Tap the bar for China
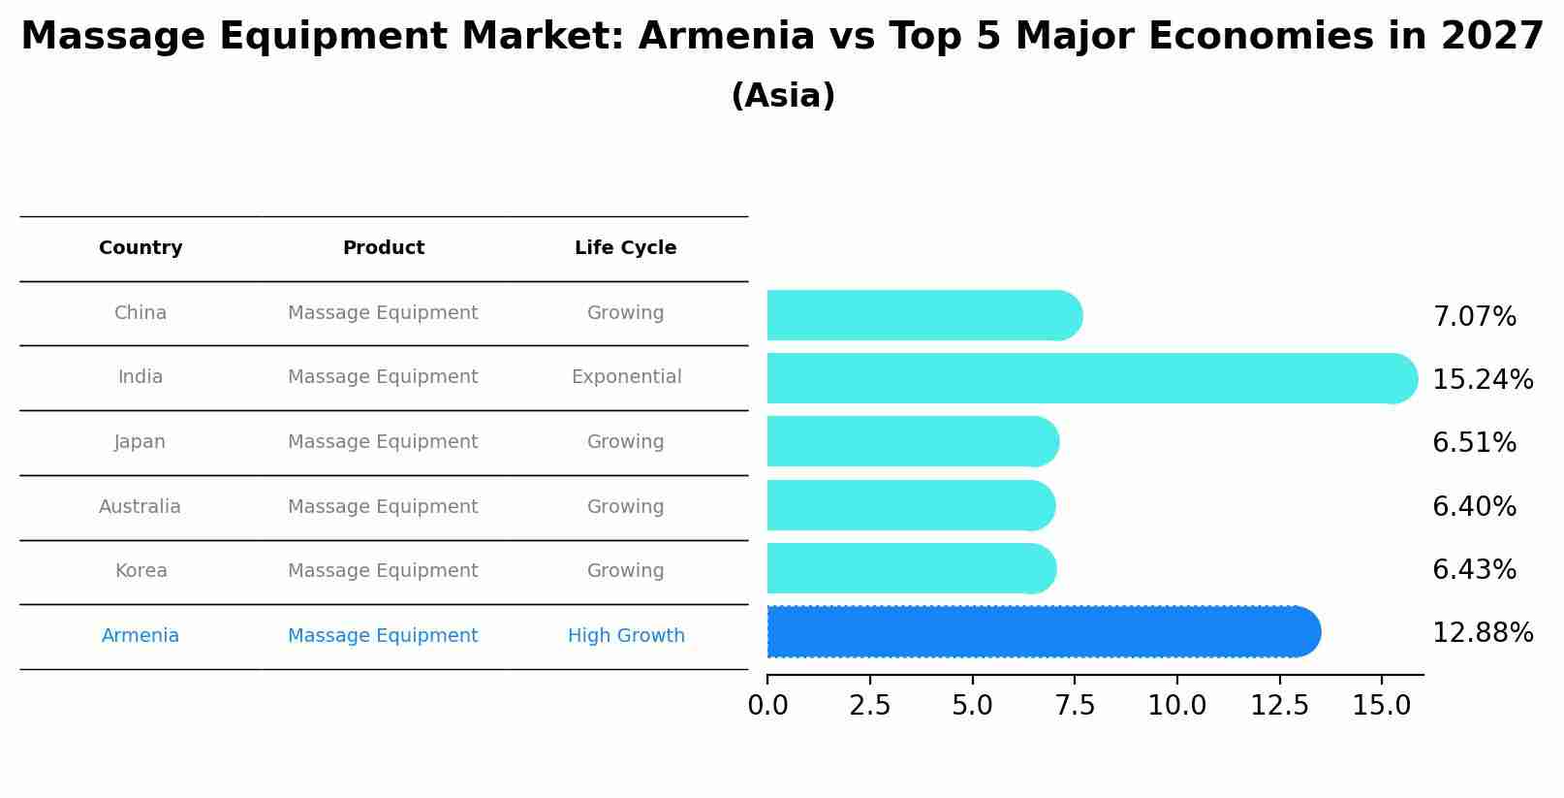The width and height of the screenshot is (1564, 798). tap(923, 315)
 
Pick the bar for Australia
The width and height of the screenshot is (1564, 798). tap(910, 505)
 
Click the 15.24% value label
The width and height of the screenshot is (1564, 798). tap(1482, 380)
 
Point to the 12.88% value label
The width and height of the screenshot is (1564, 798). tap(1482, 633)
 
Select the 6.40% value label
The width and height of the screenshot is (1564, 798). tap(1474, 507)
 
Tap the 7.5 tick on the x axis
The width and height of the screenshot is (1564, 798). tap(1075, 706)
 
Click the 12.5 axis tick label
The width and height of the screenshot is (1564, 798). tap(1279, 706)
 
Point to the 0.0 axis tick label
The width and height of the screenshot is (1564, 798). tap(767, 706)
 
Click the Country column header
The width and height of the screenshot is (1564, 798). tap(141, 248)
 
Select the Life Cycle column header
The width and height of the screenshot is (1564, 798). tap(625, 248)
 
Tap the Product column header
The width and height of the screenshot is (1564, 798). tap(383, 248)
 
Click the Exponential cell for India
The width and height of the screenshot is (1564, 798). tap(626, 377)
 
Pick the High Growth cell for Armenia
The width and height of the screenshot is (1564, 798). tap(626, 636)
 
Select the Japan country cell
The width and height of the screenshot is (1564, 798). tap(141, 442)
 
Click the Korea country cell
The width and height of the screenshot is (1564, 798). tap(141, 571)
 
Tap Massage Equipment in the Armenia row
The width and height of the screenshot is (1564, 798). tap(383, 636)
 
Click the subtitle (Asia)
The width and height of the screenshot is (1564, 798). tap(782, 96)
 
